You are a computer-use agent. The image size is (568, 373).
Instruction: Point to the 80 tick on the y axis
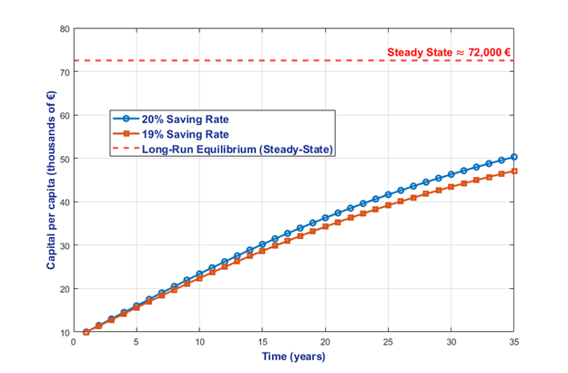(65, 28)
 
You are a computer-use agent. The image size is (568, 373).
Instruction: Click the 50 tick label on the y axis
(65, 159)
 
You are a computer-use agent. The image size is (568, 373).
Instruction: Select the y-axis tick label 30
(65, 245)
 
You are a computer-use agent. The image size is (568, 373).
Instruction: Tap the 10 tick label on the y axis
(65, 332)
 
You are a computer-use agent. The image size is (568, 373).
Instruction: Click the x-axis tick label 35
(514, 344)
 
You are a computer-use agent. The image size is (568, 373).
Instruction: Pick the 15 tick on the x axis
(262, 344)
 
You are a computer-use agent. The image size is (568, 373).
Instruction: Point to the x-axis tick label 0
(74, 344)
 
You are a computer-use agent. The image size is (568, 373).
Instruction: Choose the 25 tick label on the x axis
(389, 344)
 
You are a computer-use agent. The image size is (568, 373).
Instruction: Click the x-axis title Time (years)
(293, 357)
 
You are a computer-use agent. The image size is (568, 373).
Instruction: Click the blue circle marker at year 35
(514, 157)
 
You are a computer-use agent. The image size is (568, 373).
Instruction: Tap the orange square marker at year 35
(514, 171)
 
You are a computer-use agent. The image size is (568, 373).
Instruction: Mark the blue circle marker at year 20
(325, 218)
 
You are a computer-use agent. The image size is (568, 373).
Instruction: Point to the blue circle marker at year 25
(389, 195)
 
